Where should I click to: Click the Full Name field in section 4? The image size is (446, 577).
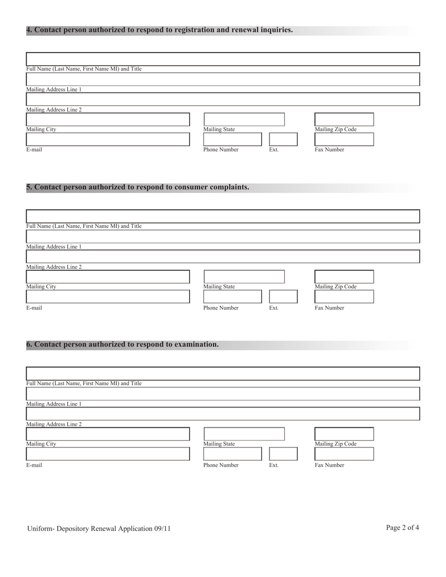[x=223, y=59]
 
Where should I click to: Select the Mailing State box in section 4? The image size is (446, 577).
[x=244, y=120]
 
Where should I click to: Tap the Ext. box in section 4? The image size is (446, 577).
[x=283, y=139]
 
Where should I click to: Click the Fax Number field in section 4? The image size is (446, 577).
[x=344, y=139]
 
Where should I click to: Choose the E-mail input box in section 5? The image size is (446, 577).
[x=108, y=296]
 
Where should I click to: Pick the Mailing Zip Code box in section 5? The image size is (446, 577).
[x=344, y=277]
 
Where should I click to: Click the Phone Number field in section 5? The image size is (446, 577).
[x=232, y=296]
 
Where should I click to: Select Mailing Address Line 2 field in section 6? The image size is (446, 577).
[x=223, y=414]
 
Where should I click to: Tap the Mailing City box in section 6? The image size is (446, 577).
[x=108, y=434]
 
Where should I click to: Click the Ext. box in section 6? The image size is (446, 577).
[x=283, y=454]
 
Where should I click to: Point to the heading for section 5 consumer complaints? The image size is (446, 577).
[x=138, y=187]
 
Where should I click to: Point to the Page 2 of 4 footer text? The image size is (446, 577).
[x=402, y=528]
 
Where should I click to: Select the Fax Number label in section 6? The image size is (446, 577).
[x=329, y=465]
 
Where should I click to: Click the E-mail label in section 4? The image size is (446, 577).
[x=34, y=150]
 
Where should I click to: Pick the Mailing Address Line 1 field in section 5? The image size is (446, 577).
[x=223, y=236]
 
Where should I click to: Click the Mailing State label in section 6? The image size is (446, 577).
[x=219, y=444]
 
